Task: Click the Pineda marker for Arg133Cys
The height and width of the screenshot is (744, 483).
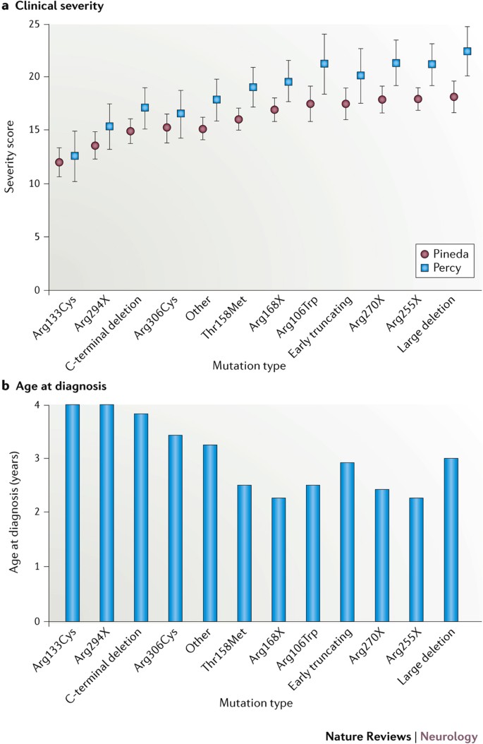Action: [59, 162]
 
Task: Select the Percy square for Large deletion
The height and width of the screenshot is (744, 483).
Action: [467, 51]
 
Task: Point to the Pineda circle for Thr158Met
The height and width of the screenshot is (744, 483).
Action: [239, 119]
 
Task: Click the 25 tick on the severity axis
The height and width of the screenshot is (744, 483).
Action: [33, 23]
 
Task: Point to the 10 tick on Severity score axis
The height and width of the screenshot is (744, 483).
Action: [33, 184]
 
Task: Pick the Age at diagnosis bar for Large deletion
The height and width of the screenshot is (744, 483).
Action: [451, 540]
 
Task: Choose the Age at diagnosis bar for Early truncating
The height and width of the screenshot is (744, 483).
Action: [348, 542]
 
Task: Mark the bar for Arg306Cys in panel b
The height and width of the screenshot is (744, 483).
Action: [176, 528]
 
